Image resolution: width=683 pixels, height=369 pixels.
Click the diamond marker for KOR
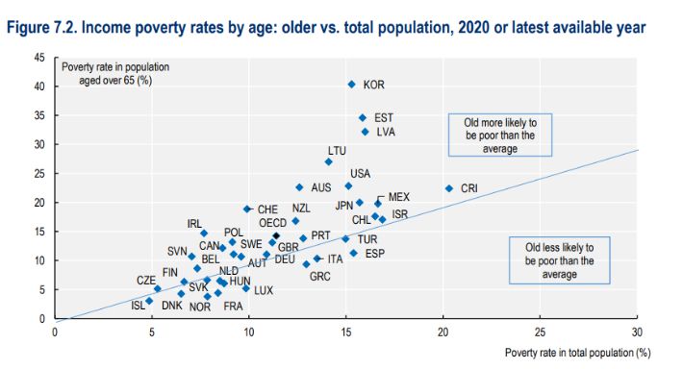pos(351,85)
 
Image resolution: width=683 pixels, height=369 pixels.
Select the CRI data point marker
pos(448,188)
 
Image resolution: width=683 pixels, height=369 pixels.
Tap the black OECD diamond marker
pos(276,235)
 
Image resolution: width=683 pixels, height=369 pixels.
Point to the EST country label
pos(383,118)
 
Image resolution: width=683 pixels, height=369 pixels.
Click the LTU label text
pos(337,151)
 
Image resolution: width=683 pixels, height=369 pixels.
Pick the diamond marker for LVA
pos(365,132)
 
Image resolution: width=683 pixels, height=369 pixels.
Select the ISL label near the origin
pos(139,306)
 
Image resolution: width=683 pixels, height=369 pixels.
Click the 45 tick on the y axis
pos(39,58)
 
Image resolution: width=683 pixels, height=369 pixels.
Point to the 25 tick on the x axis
pos(540,332)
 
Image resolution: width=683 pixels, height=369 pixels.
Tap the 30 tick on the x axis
pos(637,332)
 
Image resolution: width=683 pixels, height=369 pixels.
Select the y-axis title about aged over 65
pos(106,73)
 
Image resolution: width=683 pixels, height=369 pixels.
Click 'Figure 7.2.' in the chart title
pos(45,29)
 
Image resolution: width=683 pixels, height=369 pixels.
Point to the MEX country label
pos(398,197)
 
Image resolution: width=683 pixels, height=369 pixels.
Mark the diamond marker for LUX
pos(246,288)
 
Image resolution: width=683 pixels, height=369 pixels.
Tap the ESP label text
pos(374,254)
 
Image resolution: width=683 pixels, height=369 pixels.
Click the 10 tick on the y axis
pos(39,260)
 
